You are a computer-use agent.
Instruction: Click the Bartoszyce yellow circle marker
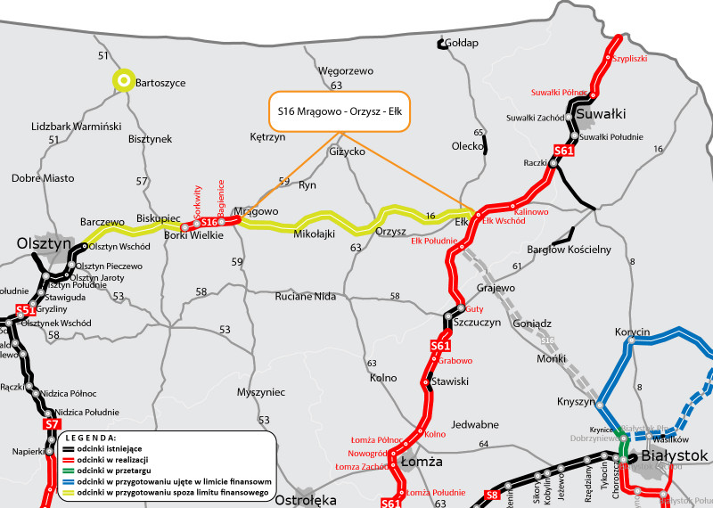pos(122,81)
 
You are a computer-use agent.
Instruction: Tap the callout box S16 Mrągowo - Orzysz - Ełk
pos(339,111)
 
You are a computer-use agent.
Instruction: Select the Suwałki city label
pos(602,113)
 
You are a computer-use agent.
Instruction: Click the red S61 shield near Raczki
pos(563,151)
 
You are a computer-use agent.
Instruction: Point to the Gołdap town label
pos(462,43)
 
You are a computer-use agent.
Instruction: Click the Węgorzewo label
pos(346,70)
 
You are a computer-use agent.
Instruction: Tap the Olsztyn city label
pos(43,243)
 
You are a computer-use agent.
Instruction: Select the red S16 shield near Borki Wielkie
pos(209,222)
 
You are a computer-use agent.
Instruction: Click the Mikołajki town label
pos(314,234)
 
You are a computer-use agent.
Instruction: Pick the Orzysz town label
pos(390,231)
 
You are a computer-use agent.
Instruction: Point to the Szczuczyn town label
pos(478,323)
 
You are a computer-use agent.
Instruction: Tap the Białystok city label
pos(675,455)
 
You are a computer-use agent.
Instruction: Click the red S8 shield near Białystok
pos(492,495)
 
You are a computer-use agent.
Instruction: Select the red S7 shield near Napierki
pos(51,425)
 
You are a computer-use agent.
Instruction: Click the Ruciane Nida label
pos(306,296)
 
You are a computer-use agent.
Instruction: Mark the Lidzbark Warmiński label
pos(76,127)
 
